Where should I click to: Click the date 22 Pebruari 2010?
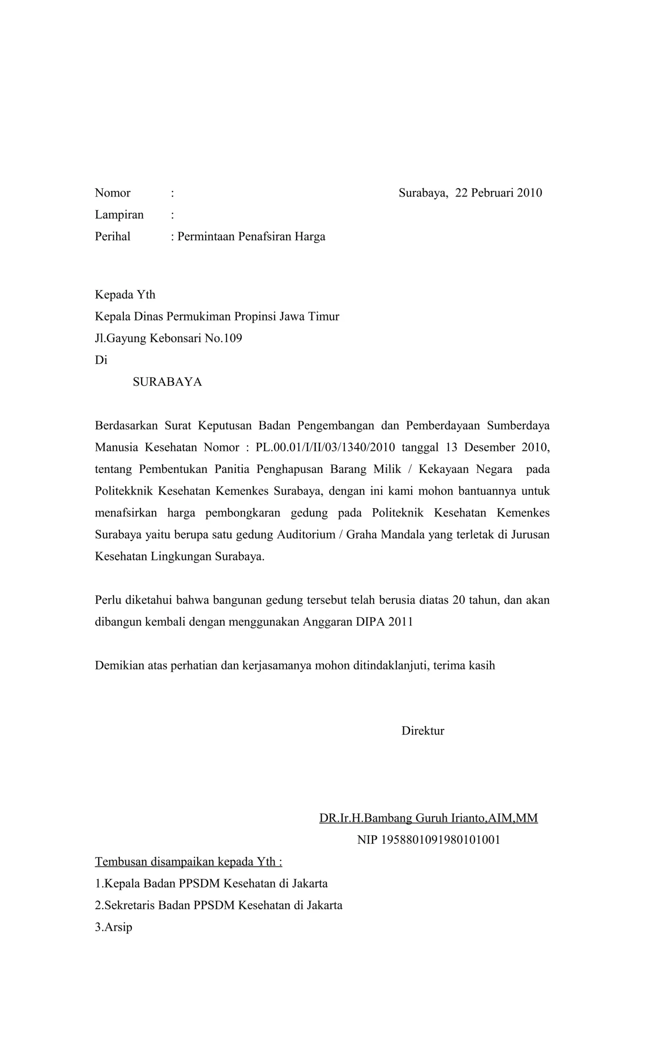pos(498,192)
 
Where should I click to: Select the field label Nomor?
pos(112,192)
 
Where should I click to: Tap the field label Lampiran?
pos(119,214)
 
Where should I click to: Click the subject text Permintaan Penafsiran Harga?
pos(251,236)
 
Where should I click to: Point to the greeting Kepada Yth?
pos(125,295)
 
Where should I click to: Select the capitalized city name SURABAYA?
pos(167,382)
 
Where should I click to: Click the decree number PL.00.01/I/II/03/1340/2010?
pos(325,447)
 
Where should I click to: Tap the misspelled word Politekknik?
pos(123,491)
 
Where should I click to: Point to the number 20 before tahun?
pos(458,600)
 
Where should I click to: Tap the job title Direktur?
pos(423,731)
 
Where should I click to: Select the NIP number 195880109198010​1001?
pos(440,840)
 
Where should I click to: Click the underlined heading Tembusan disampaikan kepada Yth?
pos(188,862)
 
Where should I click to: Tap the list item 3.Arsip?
pos(113,927)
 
